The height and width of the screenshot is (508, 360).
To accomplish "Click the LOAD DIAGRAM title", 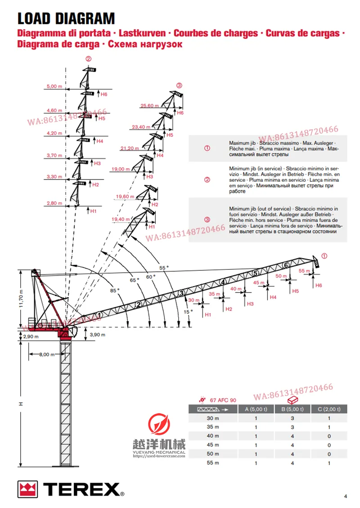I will (x=66, y=18).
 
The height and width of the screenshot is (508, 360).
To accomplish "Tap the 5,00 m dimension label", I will (x=54, y=86).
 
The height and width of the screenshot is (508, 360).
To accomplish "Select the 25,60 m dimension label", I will (x=149, y=106).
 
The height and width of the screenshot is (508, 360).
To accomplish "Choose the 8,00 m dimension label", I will (x=46, y=355).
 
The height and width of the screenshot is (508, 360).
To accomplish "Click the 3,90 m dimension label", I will (x=98, y=335).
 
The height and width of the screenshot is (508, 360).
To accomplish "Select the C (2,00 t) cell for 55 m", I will (x=329, y=463).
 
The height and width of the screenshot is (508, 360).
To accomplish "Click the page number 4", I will (x=345, y=496).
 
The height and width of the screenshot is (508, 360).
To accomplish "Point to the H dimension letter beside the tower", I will (x=20, y=404).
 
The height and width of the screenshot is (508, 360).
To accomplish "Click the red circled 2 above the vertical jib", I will (x=89, y=58).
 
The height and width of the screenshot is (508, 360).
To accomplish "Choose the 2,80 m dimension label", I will (x=54, y=203).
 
